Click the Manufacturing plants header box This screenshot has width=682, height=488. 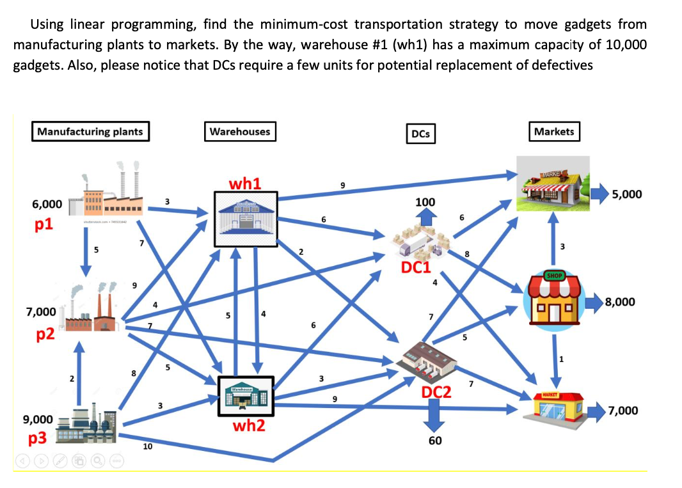click(x=90, y=132)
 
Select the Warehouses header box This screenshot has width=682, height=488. click(x=240, y=132)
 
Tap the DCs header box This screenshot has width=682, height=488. click(x=420, y=133)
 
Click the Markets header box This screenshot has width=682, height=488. click(x=553, y=131)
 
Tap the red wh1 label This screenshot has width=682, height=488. click(x=244, y=184)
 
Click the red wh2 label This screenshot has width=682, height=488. click(x=248, y=425)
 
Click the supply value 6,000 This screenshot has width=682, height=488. click(x=47, y=205)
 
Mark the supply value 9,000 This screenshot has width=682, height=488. click(x=38, y=420)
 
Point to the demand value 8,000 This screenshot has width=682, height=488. click(x=619, y=301)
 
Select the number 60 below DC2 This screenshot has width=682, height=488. click(x=434, y=441)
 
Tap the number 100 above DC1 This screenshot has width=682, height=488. click(x=425, y=202)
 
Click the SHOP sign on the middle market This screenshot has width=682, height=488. click(x=554, y=276)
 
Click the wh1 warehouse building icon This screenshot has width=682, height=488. click(x=244, y=218)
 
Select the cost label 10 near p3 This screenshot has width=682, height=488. click(x=147, y=447)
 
